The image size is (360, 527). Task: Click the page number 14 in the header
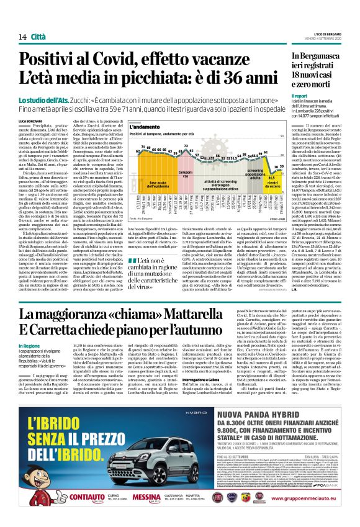coord(22,37)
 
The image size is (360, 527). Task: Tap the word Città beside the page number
coord(38,37)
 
